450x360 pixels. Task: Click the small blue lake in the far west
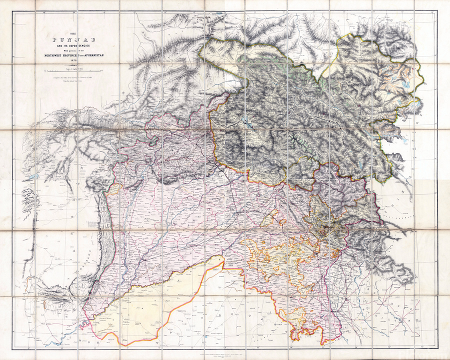coord(31,176)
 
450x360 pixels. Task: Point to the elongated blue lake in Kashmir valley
coord(246,121)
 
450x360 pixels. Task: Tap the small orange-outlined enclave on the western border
coord(115,188)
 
